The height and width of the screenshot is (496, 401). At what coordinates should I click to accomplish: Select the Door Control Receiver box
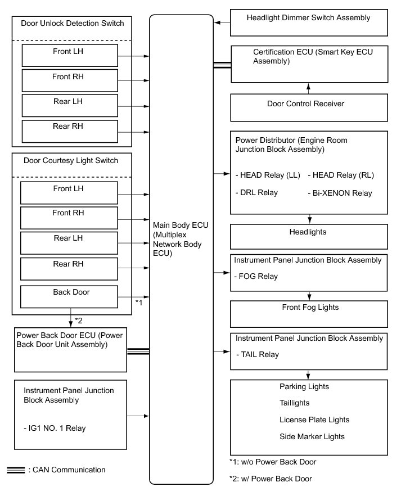tap(309, 107)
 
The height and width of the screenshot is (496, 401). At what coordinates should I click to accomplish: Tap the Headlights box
tap(309, 236)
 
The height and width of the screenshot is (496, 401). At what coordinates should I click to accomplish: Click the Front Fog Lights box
tap(309, 312)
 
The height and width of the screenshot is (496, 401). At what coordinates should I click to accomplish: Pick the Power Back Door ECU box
tap(70, 351)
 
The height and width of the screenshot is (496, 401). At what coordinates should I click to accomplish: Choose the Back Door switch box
tap(69, 296)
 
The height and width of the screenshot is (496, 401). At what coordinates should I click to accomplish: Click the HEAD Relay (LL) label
tap(267, 175)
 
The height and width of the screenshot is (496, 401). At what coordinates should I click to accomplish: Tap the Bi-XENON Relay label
tap(340, 193)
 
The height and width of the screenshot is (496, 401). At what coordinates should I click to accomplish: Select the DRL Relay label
tap(256, 192)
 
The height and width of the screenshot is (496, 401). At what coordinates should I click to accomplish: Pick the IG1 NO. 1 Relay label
tap(55, 428)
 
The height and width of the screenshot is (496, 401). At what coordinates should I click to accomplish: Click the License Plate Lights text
tap(314, 420)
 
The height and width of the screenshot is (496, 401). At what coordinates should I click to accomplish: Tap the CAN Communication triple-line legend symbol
tap(15, 470)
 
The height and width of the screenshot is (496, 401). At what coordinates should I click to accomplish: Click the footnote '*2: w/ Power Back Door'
tap(271, 479)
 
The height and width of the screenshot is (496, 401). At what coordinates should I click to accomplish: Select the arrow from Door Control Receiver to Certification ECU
tap(308, 88)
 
